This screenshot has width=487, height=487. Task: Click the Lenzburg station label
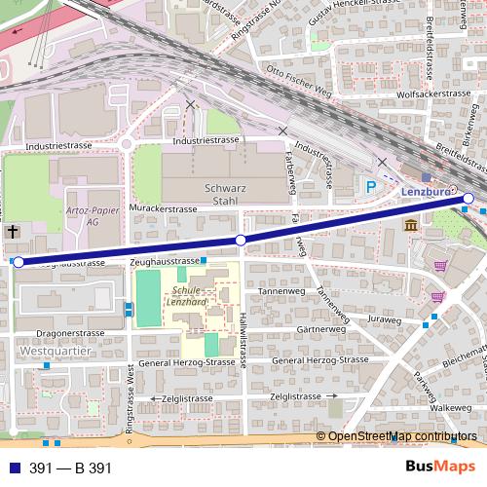pos(425,193)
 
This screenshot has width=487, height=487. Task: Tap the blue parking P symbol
pos(371,185)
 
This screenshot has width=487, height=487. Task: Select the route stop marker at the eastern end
pos(468,199)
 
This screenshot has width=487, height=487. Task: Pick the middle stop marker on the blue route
pos(241,240)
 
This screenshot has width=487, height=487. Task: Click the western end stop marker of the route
pos(19,262)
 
